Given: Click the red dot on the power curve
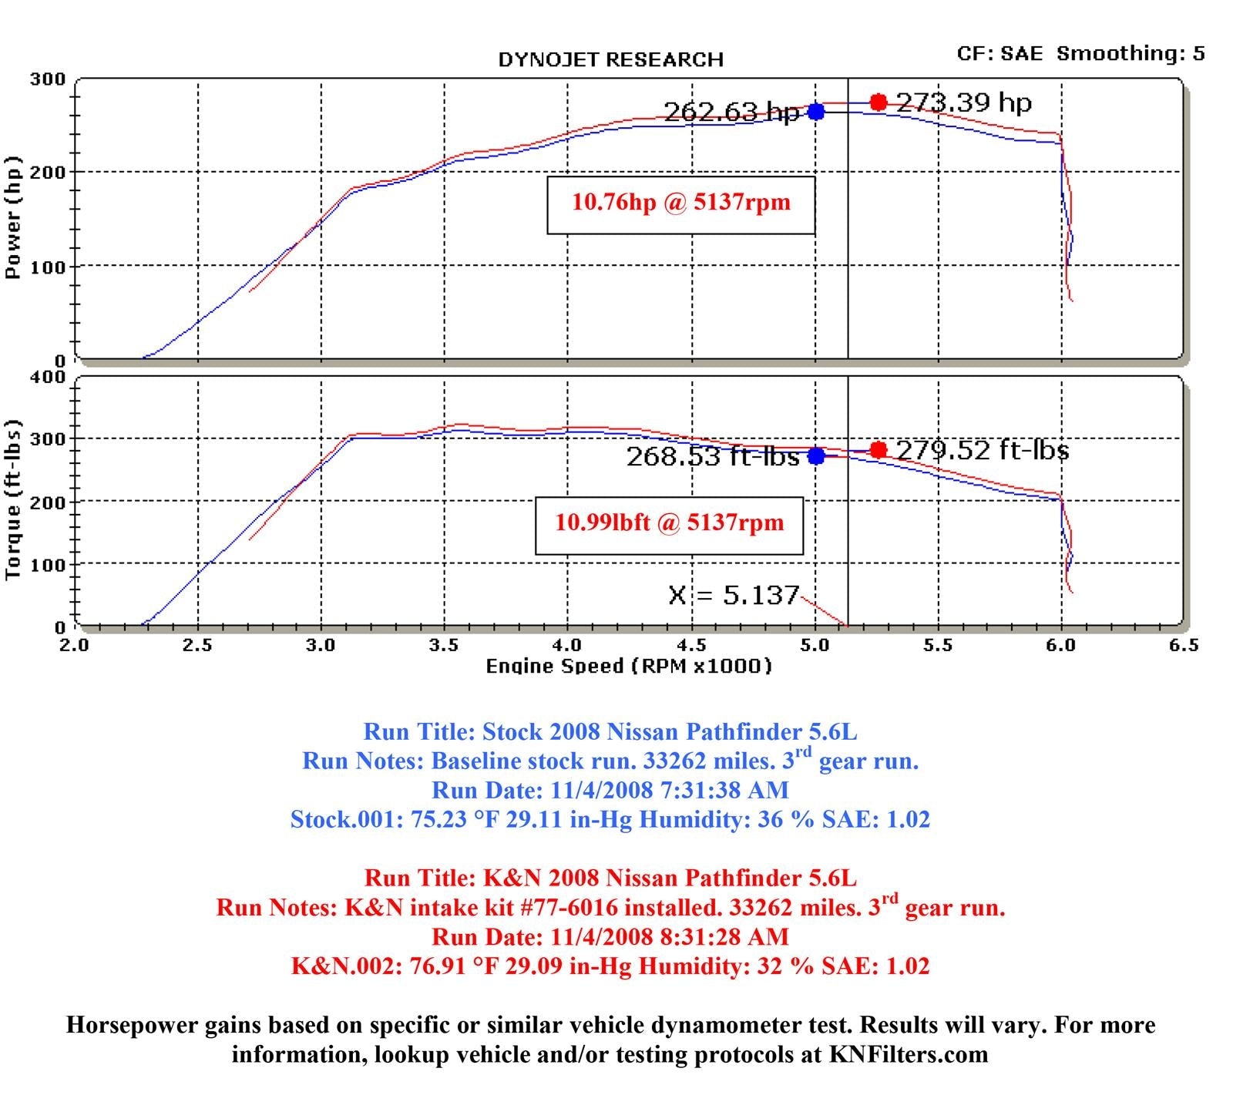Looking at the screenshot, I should point(878,102).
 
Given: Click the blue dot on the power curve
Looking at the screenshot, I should point(816,112).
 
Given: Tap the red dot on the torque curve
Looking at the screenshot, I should point(878,449).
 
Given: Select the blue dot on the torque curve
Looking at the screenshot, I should point(816,455).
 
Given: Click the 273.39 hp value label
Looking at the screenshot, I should point(964,102).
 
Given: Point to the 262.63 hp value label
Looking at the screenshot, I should point(731,113).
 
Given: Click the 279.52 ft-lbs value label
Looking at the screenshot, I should point(982,449).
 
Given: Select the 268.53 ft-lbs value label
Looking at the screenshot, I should point(712,456).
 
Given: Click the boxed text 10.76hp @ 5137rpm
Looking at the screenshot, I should point(680,203).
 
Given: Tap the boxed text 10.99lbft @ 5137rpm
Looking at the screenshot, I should point(669,522).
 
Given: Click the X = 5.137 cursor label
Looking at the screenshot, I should point(733,595).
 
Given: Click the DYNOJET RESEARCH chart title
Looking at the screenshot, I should point(610,59).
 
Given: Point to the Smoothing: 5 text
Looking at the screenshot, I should point(1130,53).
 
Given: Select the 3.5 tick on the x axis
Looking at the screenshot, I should point(444,644).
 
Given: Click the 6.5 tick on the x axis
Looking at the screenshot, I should point(1183,644).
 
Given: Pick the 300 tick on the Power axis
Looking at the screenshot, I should point(48,79).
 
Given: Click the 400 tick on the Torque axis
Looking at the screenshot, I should point(48,376).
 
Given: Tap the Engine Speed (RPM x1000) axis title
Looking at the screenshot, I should point(628,665).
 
